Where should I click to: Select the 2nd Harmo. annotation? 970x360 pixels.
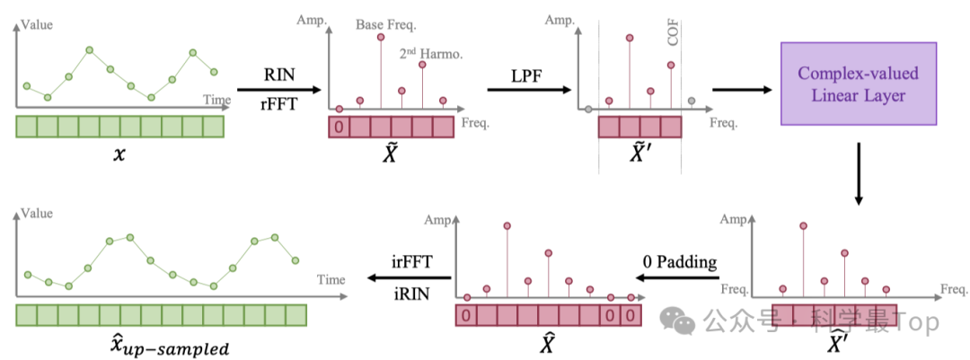coord(431,54)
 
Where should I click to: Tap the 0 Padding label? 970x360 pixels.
coord(680,262)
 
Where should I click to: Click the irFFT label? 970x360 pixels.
coord(411,261)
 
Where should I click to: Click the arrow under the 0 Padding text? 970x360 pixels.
coord(680,279)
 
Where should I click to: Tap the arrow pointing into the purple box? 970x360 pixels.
coord(743,90)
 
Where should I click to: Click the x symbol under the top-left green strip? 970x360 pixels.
coord(119,155)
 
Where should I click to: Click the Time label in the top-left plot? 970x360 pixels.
coord(216,99)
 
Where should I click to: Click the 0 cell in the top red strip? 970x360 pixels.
coord(339,127)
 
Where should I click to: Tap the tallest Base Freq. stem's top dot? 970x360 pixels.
coord(381,37)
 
